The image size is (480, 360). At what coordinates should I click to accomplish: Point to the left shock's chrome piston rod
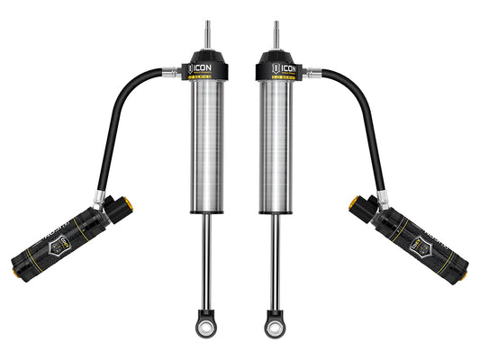tap(207, 261)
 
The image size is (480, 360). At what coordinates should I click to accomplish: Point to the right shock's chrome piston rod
tap(273, 261)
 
